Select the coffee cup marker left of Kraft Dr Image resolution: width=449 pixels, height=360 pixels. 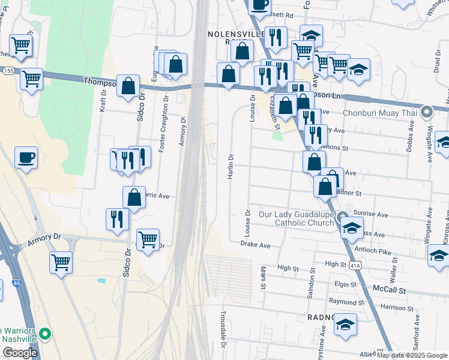(26, 158)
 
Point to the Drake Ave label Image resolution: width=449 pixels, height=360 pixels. (255, 245)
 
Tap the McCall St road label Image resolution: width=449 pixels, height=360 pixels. (390, 290)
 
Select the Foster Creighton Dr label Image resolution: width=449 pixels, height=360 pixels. (162, 124)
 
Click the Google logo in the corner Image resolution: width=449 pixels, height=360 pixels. (19, 353)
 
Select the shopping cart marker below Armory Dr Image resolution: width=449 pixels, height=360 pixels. (61, 262)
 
